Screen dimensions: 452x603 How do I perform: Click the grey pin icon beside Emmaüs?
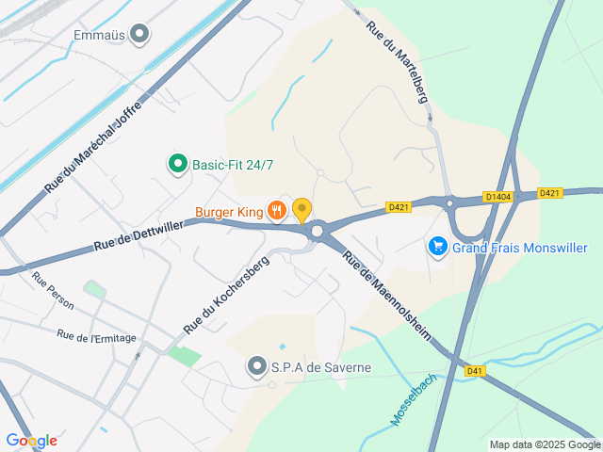[x=140, y=35]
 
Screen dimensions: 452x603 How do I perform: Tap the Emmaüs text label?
[x=98, y=36]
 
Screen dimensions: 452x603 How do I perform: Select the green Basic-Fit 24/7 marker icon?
[x=177, y=165]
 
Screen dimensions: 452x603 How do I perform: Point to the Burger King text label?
[x=229, y=211]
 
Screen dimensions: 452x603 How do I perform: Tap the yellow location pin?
[x=301, y=210]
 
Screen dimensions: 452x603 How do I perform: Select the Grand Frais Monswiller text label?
[x=519, y=248]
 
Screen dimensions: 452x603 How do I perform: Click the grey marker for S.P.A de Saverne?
[x=256, y=366]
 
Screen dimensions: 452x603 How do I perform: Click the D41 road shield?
[x=475, y=371]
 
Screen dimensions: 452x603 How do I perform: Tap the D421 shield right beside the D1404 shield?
[x=549, y=193]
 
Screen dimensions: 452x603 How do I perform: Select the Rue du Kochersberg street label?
[x=226, y=295]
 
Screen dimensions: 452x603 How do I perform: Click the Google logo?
[x=31, y=440]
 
